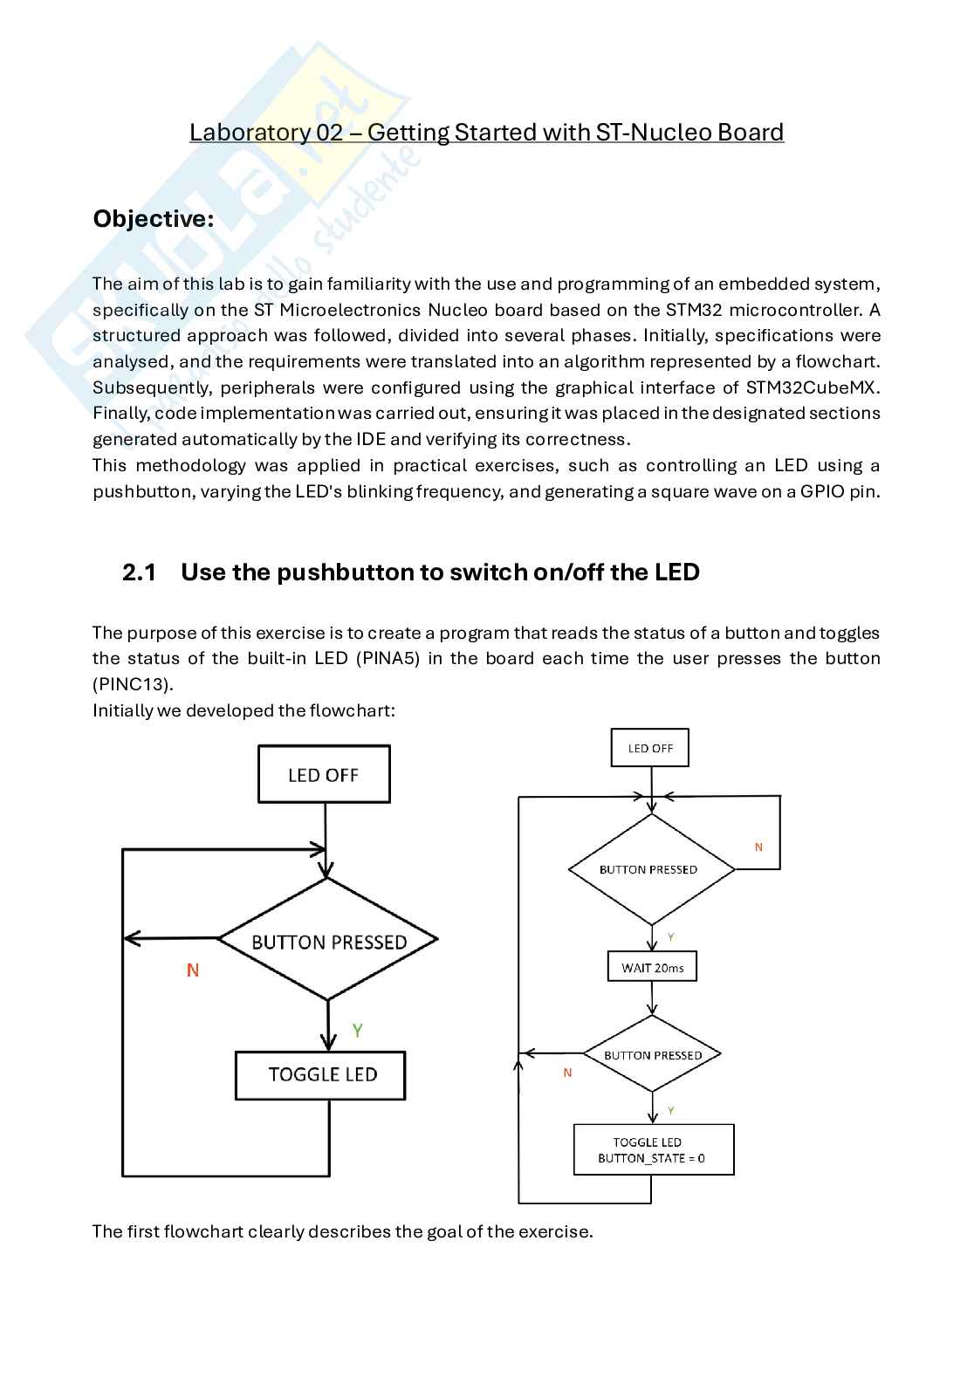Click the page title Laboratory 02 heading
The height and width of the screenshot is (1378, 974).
486,133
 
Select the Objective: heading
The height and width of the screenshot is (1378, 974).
154,218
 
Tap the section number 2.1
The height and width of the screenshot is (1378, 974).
139,572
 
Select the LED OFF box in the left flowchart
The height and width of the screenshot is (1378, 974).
324,775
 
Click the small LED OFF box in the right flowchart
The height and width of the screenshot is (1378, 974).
650,749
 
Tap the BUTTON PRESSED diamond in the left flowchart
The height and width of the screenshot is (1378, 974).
328,942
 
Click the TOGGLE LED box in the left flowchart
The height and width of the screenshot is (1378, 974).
321,1074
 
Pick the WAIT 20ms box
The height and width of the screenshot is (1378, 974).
652,967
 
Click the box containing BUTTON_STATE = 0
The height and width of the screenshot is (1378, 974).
653,1150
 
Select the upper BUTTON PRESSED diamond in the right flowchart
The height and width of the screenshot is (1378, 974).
650,869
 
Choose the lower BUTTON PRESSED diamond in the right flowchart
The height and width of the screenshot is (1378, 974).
653,1055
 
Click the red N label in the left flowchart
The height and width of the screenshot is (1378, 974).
193,970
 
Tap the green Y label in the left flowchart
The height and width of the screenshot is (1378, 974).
357,1031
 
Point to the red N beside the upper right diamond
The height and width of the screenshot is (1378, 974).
758,847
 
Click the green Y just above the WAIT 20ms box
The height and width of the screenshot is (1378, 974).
670,936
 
